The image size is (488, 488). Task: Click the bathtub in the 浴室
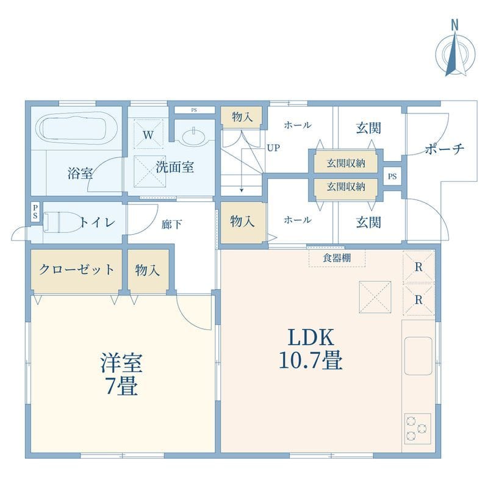tap(77, 127)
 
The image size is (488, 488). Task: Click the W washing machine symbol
tap(148, 135)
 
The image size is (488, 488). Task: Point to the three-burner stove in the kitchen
tap(417, 429)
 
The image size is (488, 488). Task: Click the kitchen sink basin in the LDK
tap(418, 356)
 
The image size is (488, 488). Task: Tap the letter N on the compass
tap(455, 25)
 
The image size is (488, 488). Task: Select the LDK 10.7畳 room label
tap(310, 349)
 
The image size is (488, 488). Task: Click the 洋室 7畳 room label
tap(121, 374)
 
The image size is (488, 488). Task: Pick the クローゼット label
tap(76, 270)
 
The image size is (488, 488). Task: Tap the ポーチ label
tap(445, 149)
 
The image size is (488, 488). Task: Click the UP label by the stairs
tap(273, 148)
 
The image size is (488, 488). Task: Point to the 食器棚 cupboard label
tap(337, 257)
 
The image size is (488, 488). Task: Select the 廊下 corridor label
tap(172, 224)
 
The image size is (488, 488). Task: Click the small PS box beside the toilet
tap(35, 212)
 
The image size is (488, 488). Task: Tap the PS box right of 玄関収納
tap(392, 176)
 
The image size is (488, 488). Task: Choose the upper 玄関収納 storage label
tap(345, 163)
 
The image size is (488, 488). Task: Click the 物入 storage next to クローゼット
tap(148, 270)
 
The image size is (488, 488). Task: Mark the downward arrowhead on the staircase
tap(242, 190)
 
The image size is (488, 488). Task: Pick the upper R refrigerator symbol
tap(418, 267)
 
